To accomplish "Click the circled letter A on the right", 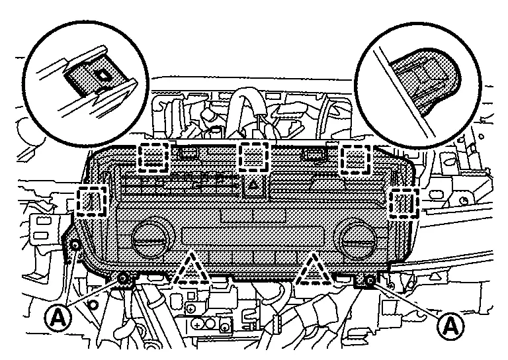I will tap(450, 326).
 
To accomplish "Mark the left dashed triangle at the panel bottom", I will tap(191, 270).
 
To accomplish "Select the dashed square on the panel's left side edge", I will tap(93, 202).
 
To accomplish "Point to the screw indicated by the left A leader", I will tap(123, 279).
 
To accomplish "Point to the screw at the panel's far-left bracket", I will tap(76, 246).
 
